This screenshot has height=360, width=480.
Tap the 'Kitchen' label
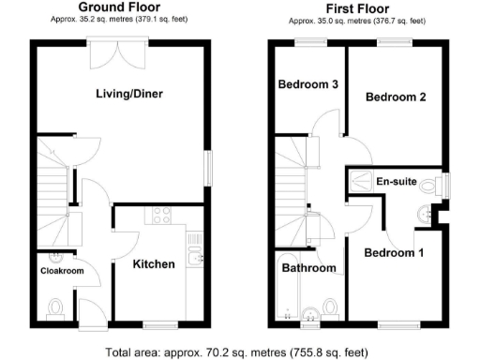tap(154, 264)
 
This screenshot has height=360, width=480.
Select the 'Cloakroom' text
tap(62, 271)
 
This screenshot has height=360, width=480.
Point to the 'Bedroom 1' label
tap(394, 253)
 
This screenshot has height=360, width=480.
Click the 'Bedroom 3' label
tap(308, 84)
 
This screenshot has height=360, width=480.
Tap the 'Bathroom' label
tap(309, 268)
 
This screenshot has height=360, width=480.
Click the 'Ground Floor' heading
tap(118, 7)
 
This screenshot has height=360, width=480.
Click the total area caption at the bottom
tap(240, 352)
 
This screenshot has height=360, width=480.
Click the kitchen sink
tap(196, 253)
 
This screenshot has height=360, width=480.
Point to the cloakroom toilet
tap(54, 306)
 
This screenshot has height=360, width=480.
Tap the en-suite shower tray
tap(361, 181)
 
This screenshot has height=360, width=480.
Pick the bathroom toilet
tap(329, 307)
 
